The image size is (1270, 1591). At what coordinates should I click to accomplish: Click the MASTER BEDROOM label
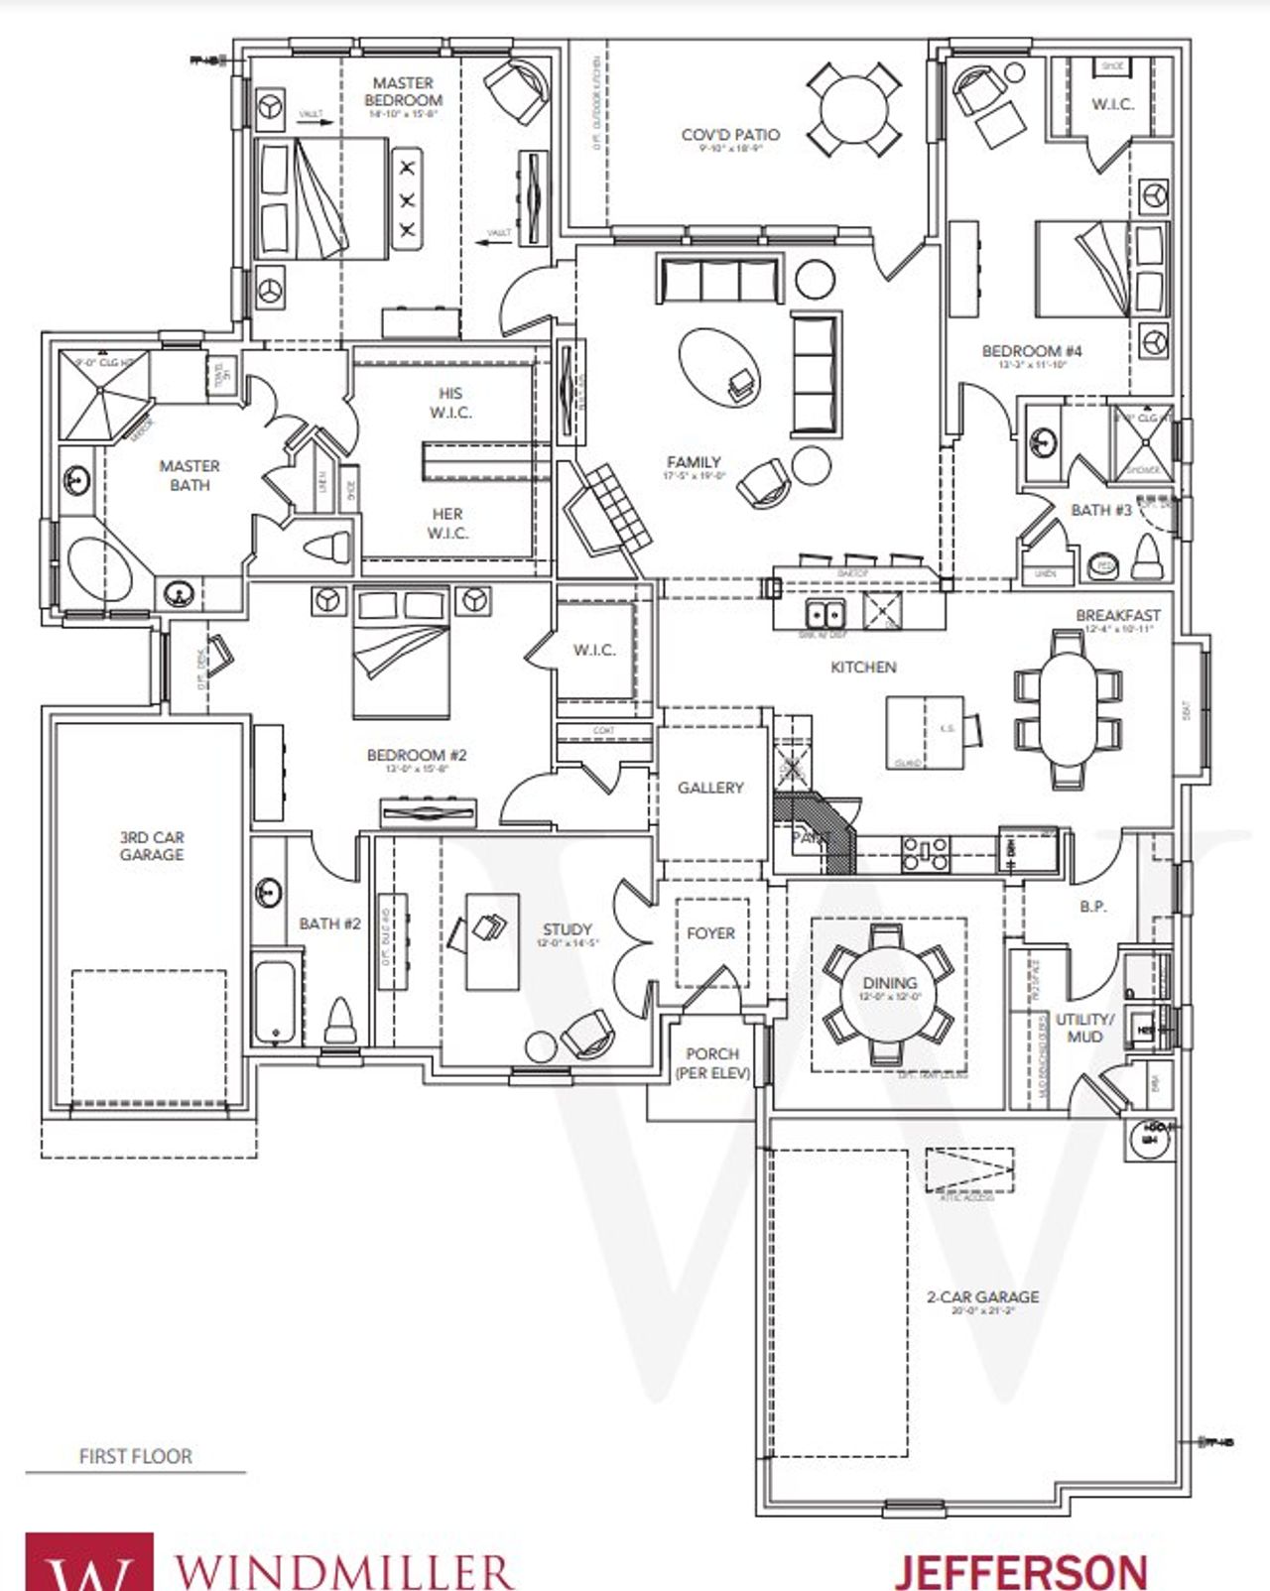(x=403, y=92)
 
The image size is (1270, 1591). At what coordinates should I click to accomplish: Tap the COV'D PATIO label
(x=730, y=135)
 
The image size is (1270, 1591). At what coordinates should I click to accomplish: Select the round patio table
(x=853, y=109)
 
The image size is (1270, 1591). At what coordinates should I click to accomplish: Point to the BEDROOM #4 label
(x=1032, y=351)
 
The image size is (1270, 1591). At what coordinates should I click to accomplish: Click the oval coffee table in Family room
(x=720, y=366)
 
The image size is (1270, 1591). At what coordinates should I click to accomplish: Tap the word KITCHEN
(x=863, y=668)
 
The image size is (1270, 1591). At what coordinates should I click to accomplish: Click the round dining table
(x=889, y=995)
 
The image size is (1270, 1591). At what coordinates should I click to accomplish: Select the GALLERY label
(x=710, y=788)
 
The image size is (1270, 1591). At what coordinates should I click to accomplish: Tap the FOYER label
(x=711, y=933)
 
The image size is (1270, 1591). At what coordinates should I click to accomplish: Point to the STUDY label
(x=568, y=929)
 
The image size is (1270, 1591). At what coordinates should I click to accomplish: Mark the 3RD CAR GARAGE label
(x=152, y=846)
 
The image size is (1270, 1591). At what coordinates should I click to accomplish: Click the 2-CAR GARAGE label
(x=982, y=1297)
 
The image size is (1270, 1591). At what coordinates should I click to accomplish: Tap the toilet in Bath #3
(x=1147, y=558)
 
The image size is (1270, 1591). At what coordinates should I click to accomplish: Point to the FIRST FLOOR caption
(x=136, y=1456)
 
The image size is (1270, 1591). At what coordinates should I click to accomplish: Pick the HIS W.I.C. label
(x=450, y=403)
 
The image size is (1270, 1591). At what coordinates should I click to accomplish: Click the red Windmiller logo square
(x=89, y=1562)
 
